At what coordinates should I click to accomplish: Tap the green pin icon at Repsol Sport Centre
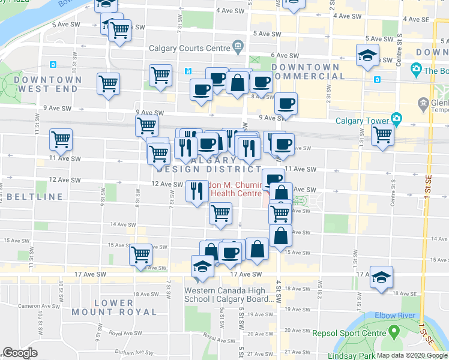coord(393,331)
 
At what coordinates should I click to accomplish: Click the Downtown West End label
coord(48,84)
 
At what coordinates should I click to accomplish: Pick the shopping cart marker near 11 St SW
coord(61,140)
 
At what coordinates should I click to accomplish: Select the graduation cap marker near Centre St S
coord(367,55)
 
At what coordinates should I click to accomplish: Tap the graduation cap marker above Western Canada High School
coord(203,266)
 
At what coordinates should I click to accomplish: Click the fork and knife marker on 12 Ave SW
coord(197,191)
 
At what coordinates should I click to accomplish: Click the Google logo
coord(20,353)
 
